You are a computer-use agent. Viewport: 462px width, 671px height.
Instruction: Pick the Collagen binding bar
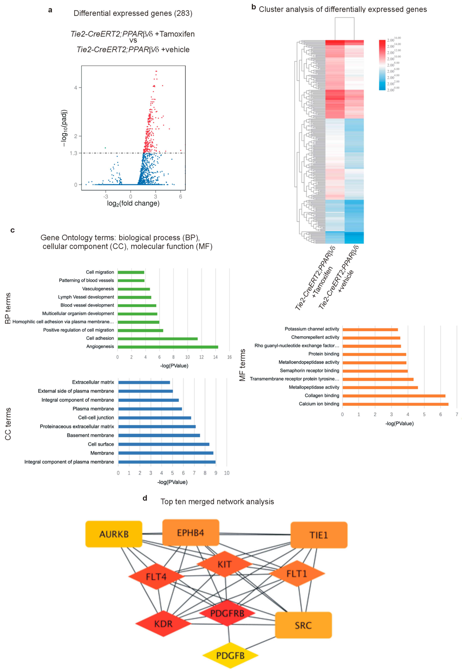[394, 396]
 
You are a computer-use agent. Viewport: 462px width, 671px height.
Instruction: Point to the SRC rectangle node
[303, 625]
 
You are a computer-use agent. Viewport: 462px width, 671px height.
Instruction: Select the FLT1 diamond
[297, 574]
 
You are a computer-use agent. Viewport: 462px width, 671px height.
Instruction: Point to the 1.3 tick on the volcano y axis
[74, 153]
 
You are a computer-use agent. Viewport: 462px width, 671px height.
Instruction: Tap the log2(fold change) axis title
[133, 204]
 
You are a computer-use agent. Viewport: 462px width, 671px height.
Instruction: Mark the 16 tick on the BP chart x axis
[229, 357]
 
